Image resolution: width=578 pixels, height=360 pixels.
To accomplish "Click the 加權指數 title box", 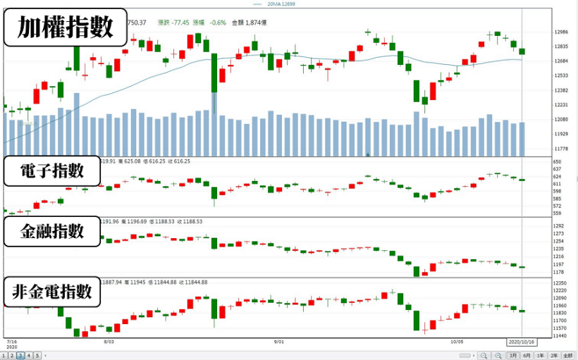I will [66, 28].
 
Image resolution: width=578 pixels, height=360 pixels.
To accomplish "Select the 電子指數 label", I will [52, 171].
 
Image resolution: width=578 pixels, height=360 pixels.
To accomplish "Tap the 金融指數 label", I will [52, 231].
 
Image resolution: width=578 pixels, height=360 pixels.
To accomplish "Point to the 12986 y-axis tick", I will [542, 32].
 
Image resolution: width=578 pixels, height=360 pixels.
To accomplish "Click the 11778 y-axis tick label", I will [542, 149].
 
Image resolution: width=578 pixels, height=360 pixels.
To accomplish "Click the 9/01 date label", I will [278, 341].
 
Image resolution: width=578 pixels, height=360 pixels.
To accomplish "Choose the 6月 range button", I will [527, 355].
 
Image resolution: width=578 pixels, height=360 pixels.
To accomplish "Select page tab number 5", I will [37, 355].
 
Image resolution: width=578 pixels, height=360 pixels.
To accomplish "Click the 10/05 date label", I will [457, 341].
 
